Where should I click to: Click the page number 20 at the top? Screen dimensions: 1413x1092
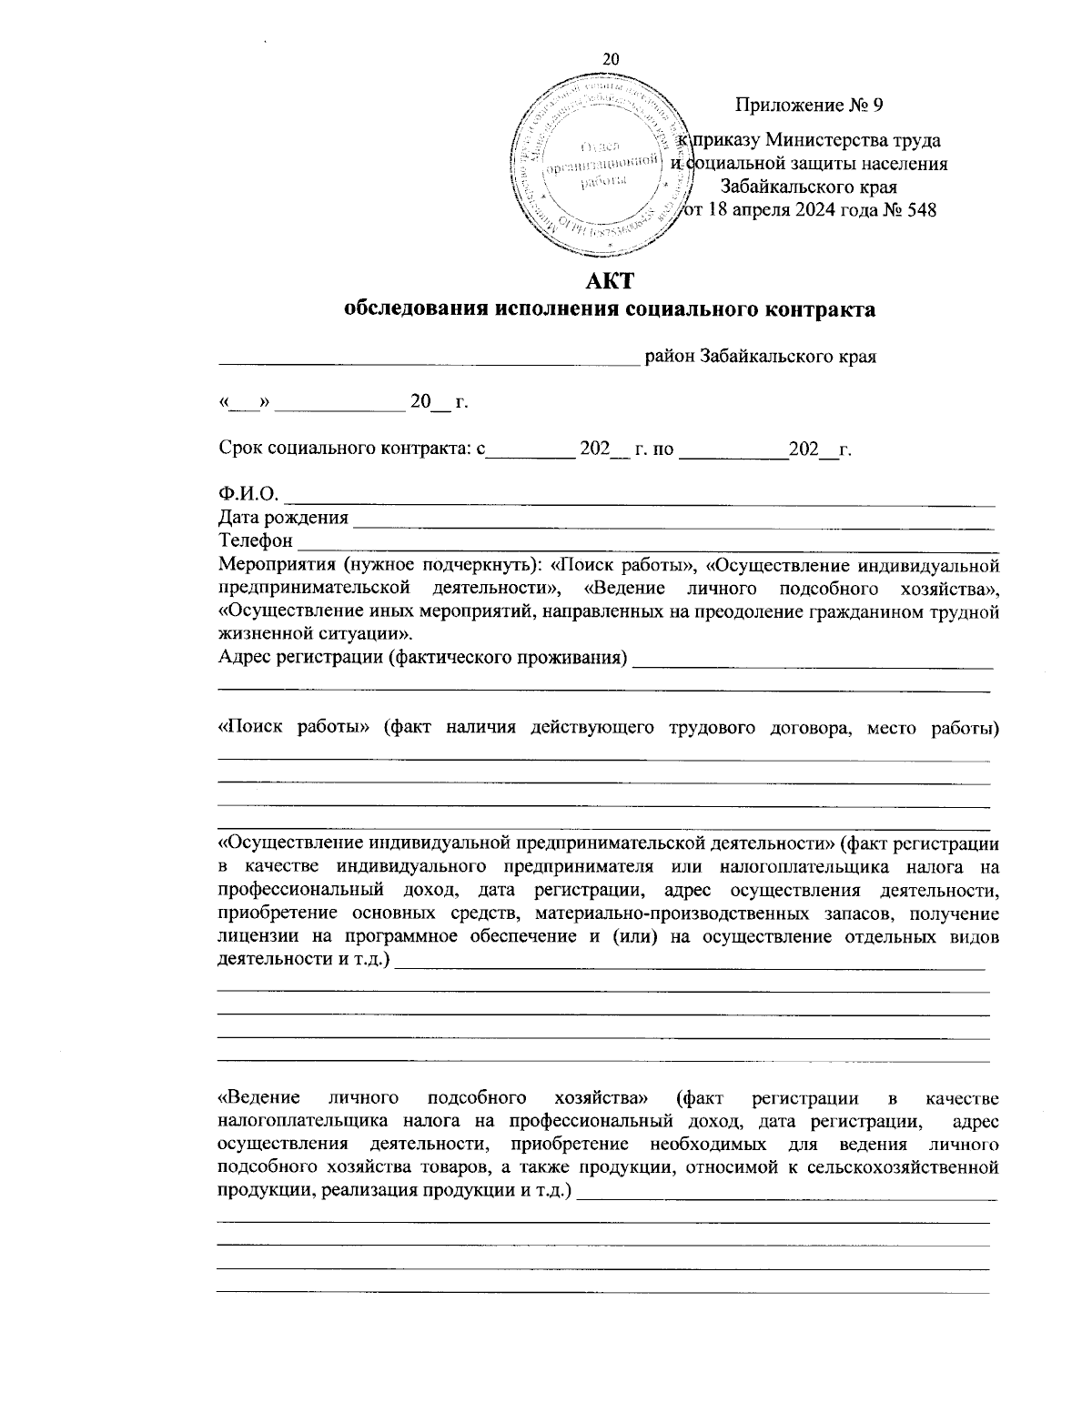(611, 58)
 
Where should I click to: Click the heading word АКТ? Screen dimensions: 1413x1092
(610, 280)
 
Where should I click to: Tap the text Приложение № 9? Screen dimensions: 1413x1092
(809, 106)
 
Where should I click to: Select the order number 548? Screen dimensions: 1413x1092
(920, 211)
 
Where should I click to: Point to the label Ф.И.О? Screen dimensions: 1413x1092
(248, 494)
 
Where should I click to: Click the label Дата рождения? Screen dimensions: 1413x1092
(283, 518)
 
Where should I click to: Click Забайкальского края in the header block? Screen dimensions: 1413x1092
(809, 187)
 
